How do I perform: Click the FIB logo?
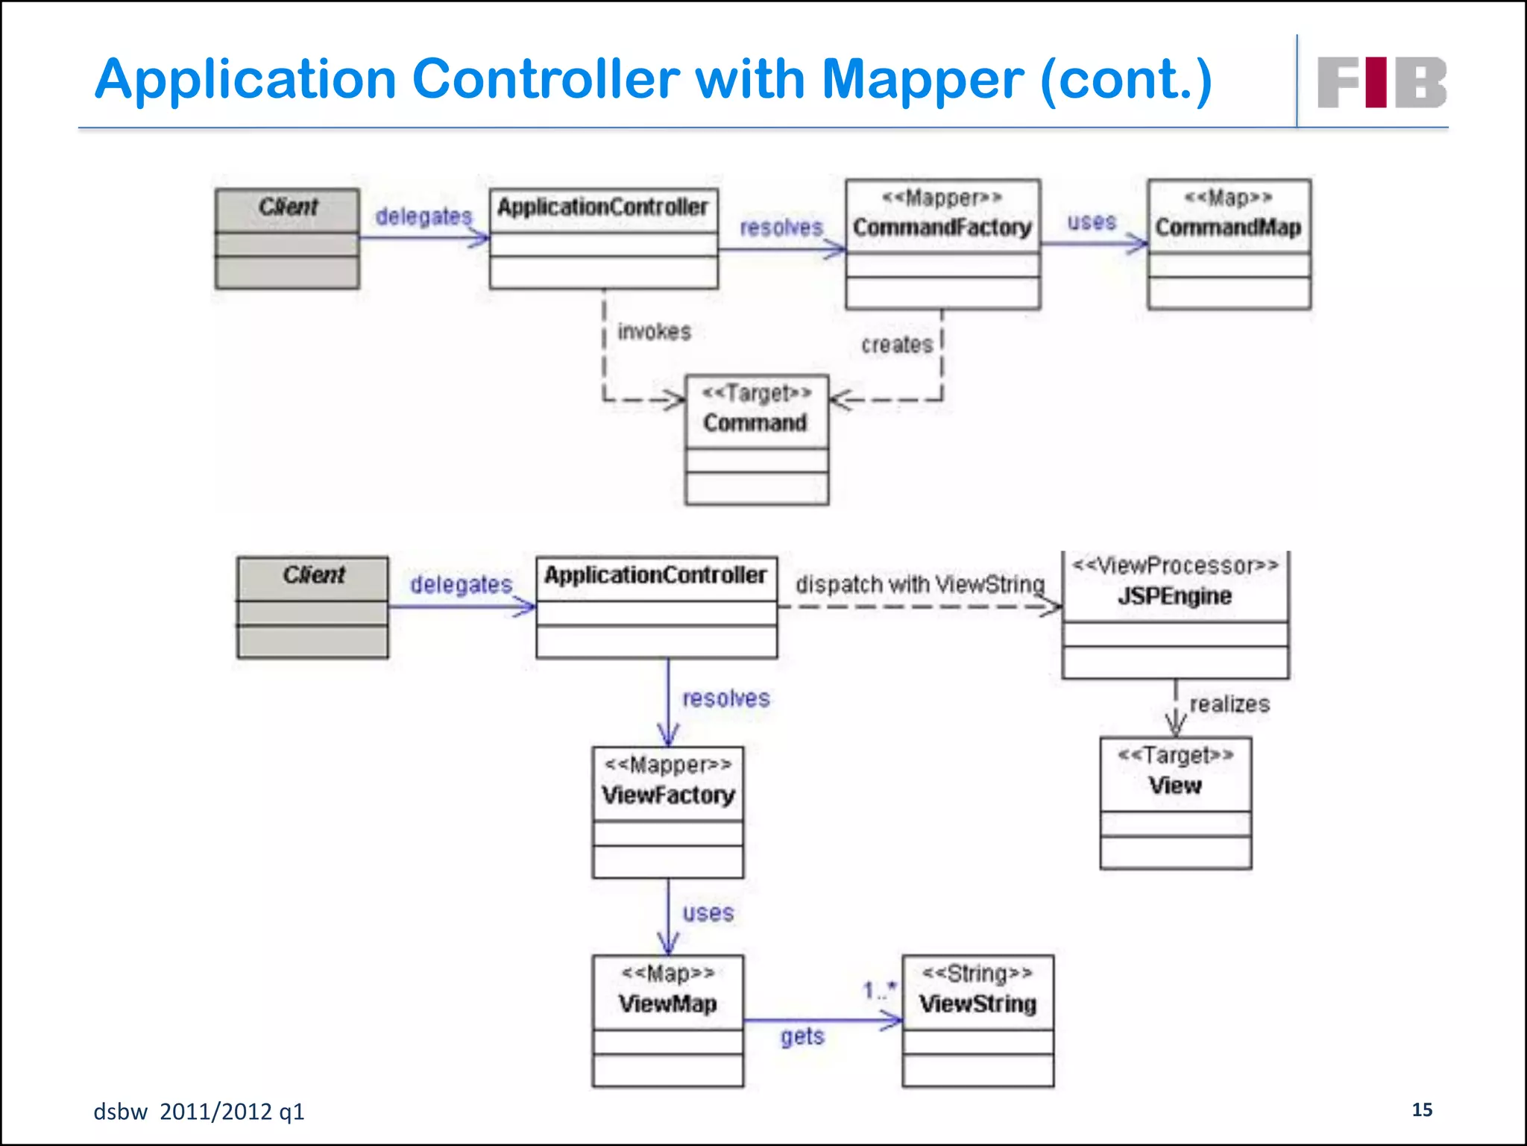coord(1382,82)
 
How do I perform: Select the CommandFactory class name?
coord(942,227)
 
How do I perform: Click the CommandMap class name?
coord(1228,227)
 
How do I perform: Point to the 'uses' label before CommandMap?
coord(1092,222)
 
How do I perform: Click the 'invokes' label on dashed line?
coord(654,331)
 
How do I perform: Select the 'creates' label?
coord(897,345)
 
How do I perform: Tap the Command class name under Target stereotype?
coord(755,423)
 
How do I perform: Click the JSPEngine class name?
coord(1174,596)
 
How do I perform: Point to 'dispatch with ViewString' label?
coord(919,584)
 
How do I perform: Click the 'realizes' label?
coord(1229,704)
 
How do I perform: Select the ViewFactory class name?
coord(668,795)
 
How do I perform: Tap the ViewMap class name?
coord(667,1003)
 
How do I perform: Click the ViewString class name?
coord(977,1003)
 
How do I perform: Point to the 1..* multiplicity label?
coord(879,991)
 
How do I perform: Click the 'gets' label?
coord(802,1036)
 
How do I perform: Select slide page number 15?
coord(1422,1109)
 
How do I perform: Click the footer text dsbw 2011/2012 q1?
coord(199,1112)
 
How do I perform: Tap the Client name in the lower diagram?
coord(313,575)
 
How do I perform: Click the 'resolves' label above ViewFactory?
coord(725,698)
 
